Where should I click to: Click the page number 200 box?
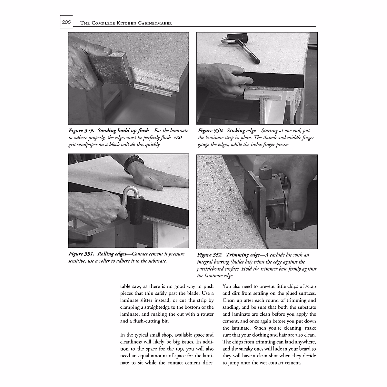coord(66,22)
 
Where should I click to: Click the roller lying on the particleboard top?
coord(242,45)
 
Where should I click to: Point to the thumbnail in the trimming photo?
coord(296,213)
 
